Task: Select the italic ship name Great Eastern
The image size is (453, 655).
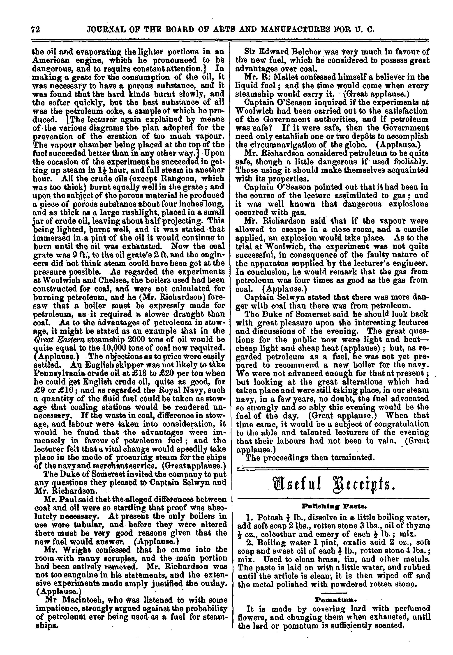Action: pos(56,339)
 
